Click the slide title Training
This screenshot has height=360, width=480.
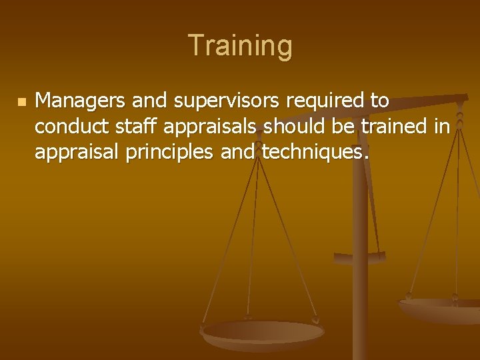[x=240, y=46]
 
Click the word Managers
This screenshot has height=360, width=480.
[x=80, y=101]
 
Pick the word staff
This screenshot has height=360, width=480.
[x=122, y=127]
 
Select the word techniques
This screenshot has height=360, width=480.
[x=313, y=153]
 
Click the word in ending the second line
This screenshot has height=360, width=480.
[x=443, y=127]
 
